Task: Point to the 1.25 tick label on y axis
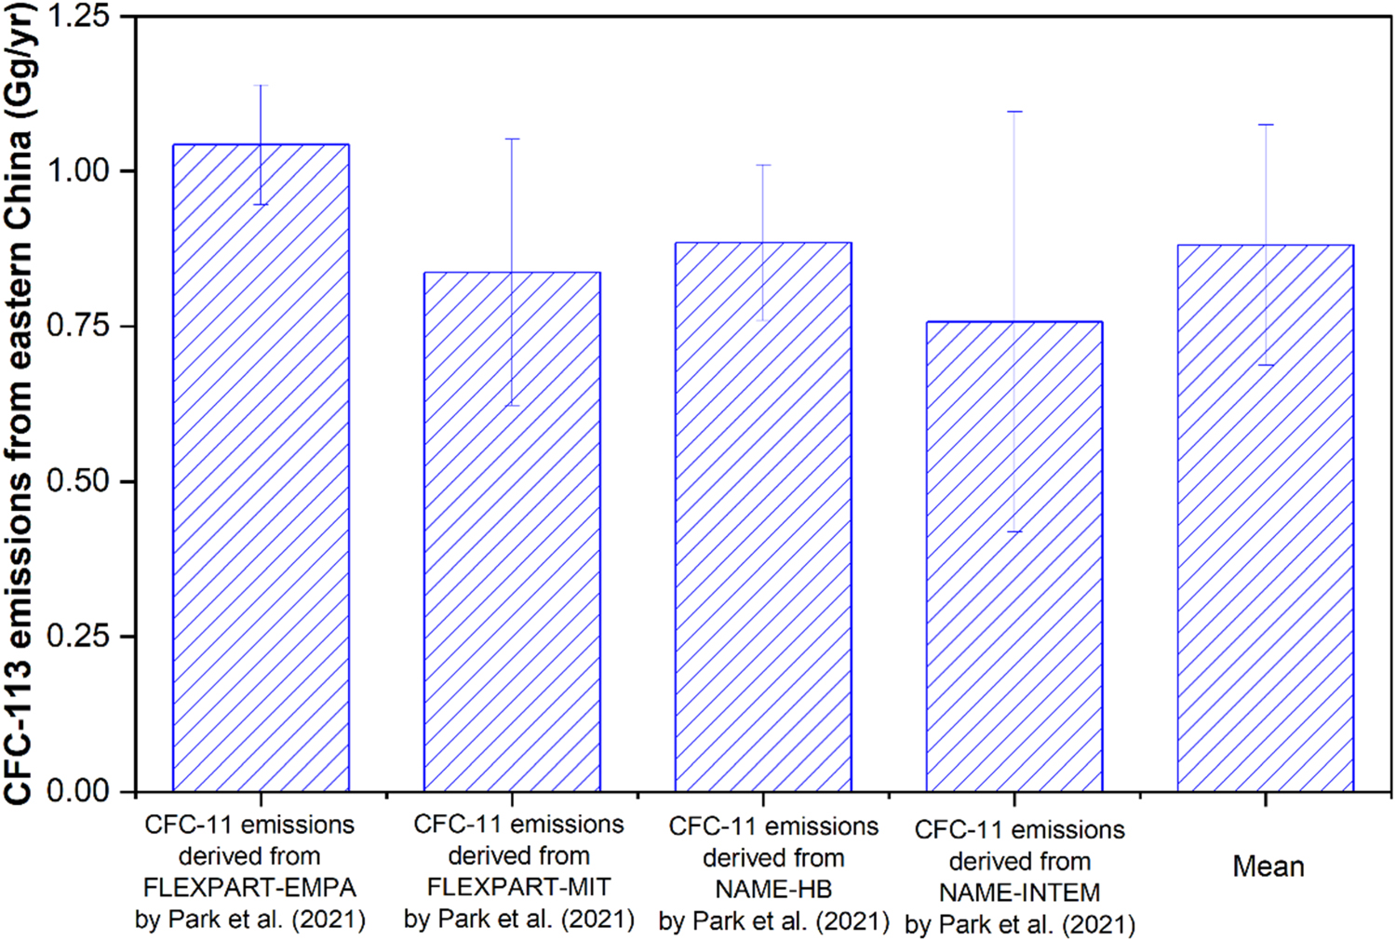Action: (x=78, y=17)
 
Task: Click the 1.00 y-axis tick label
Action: (x=78, y=171)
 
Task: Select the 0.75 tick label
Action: (x=78, y=326)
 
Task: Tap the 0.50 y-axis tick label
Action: (x=78, y=481)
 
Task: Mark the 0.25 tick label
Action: (x=78, y=637)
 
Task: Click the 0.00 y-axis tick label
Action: (x=78, y=791)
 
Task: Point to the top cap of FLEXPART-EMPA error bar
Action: (x=261, y=86)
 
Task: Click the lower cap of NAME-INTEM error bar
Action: (x=1014, y=531)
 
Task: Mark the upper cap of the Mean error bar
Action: (x=1266, y=125)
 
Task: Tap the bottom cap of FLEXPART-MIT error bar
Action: (x=512, y=406)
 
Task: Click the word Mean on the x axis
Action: (x=1268, y=866)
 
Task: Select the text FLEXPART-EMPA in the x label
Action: (x=249, y=887)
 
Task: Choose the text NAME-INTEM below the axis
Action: (x=1019, y=893)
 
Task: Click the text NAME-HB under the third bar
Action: (x=773, y=889)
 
